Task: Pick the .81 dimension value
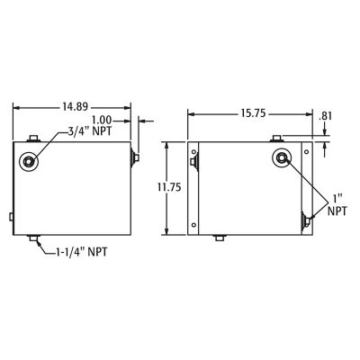click(x=327, y=116)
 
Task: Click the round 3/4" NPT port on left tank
click(x=31, y=161)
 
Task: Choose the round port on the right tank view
click(x=283, y=159)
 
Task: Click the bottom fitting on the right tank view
click(x=220, y=238)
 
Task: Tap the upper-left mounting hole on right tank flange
click(x=193, y=163)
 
